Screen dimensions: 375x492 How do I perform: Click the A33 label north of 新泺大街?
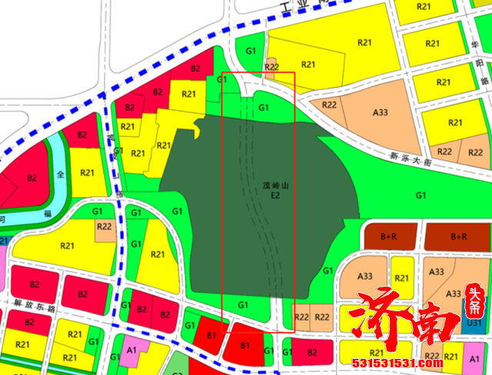380,112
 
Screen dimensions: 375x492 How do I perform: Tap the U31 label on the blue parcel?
474,324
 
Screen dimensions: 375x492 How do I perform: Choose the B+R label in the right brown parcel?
460,235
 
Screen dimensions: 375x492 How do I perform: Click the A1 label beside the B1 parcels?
131,350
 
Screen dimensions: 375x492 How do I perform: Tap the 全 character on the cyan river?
60,175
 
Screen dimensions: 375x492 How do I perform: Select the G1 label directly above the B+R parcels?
421,195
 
